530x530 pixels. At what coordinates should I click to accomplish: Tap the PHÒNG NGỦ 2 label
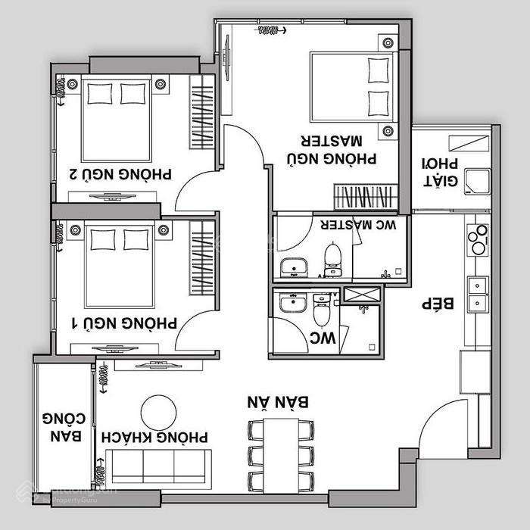pyautogui.click(x=120, y=174)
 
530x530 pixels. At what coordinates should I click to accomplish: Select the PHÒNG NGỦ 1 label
pyautogui.click(x=124, y=323)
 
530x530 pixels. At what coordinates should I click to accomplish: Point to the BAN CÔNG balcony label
pyautogui.click(x=64, y=427)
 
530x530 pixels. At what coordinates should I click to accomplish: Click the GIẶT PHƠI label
pyautogui.click(x=440, y=173)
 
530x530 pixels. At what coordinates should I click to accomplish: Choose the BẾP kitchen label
pyautogui.click(x=438, y=304)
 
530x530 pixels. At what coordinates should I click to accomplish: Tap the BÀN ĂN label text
pyautogui.click(x=278, y=402)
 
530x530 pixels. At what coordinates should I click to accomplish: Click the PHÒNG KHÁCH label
pyautogui.click(x=154, y=437)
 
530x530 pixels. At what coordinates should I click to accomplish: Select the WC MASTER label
pyautogui.click(x=358, y=224)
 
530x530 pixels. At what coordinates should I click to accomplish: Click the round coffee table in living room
pyautogui.click(x=158, y=413)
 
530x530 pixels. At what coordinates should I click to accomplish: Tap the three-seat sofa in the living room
pyautogui.click(x=158, y=469)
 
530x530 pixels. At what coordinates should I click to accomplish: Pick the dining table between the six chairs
pyautogui.click(x=281, y=456)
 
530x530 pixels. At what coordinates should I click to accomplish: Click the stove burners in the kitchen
pyautogui.click(x=478, y=239)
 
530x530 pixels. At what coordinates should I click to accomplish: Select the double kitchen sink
pyautogui.click(x=478, y=295)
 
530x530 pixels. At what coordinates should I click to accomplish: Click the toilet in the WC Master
pyautogui.click(x=333, y=259)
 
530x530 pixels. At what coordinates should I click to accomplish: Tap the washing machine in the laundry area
pyautogui.click(x=478, y=182)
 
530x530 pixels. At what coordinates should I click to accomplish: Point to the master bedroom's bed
pyautogui.click(x=354, y=87)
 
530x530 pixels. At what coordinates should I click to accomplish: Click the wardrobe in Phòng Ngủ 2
pyautogui.click(x=202, y=112)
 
